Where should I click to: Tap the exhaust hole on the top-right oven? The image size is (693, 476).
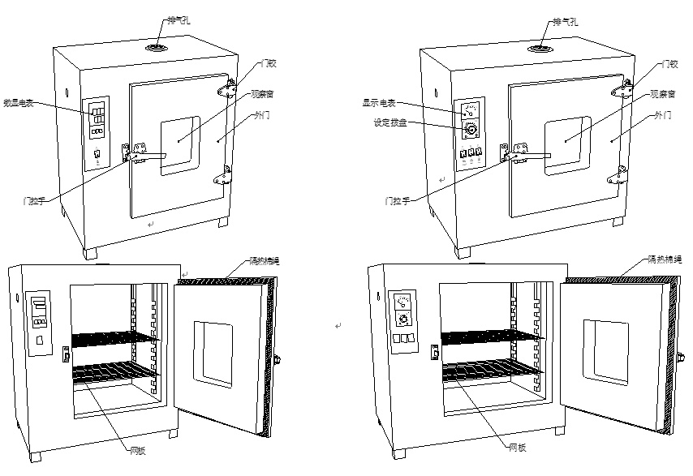pos(536,49)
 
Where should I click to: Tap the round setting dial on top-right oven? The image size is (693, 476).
pos(469,130)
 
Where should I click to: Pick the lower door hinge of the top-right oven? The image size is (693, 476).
pos(618,175)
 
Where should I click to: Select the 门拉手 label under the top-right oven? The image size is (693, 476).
pos(398,199)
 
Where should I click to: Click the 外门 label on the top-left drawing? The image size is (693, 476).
pos(262,116)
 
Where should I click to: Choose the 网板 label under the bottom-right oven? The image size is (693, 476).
pos(518,447)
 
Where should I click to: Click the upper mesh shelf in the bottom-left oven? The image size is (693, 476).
pos(111,338)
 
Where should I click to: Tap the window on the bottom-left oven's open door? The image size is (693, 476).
pos(213,354)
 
